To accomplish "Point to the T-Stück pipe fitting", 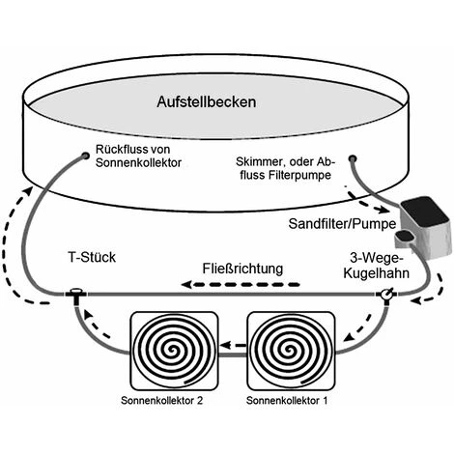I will pos(73,292).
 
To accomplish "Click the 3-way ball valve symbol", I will pos(386,293).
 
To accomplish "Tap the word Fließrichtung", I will pos(242,268).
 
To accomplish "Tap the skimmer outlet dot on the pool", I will pos(355,156).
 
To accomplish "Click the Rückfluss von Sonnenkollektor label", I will pos(138,156).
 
